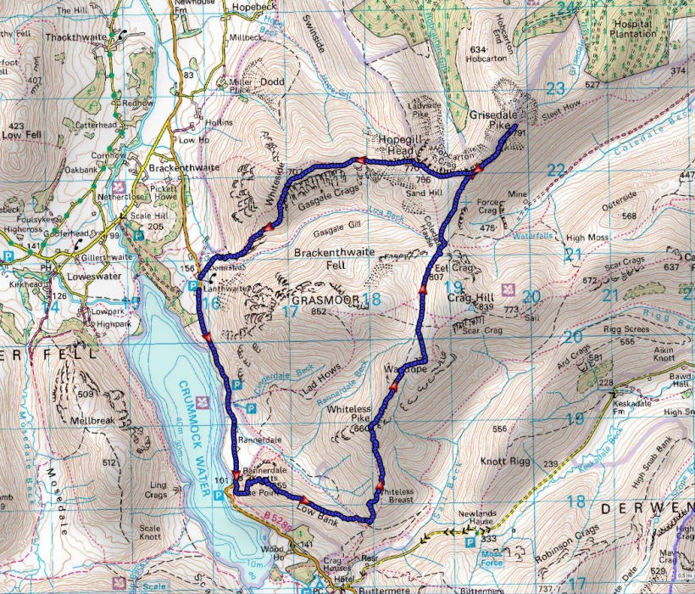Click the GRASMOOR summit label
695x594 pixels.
326,300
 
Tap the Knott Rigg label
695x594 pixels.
506,462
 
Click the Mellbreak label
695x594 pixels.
92,420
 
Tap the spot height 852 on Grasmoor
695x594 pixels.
319,312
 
